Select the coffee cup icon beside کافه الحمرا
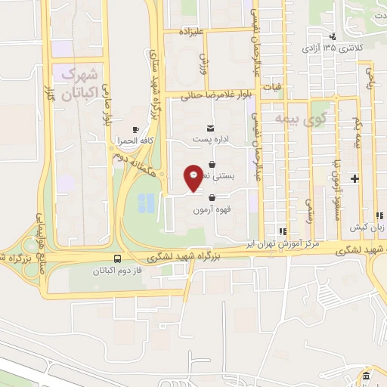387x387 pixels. point(135,129)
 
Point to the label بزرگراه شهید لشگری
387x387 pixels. point(195,258)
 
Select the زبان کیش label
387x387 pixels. point(363,227)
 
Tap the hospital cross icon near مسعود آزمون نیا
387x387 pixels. point(355,178)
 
